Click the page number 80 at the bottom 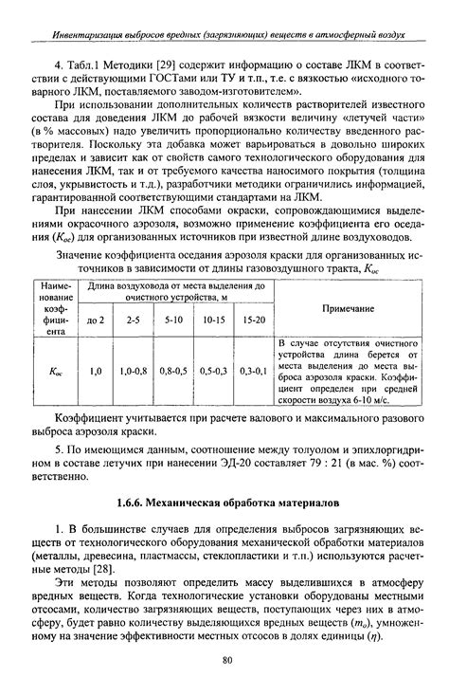coord(225,661)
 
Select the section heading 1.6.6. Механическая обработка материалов coord(225,500)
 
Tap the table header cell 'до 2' coord(95,320)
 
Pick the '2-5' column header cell coord(133,320)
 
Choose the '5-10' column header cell coord(172,320)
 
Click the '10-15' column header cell coord(213,320)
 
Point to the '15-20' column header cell coord(253,320)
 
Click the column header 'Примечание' coord(348,308)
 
